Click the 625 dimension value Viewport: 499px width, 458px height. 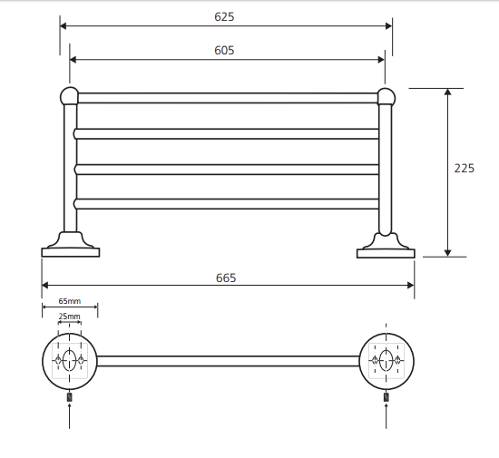click(224, 17)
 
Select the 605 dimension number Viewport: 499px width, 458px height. click(224, 50)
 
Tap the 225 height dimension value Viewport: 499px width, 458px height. click(464, 169)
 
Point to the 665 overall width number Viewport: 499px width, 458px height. click(226, 278)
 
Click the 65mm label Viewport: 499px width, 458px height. click(70, 301)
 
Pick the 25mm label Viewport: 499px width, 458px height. click(69, 317)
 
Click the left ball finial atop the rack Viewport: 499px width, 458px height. click(69, 96)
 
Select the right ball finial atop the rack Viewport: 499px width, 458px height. click(386, 97)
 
